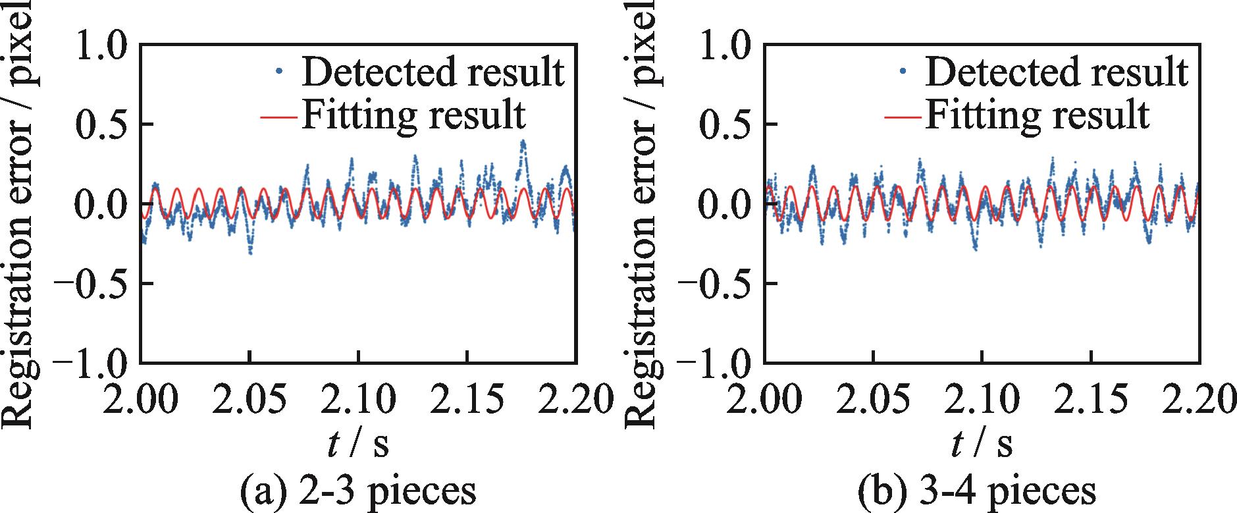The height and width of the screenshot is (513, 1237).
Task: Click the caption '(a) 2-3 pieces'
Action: (358, 491)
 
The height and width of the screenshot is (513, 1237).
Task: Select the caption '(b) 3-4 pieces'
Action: (981, 491)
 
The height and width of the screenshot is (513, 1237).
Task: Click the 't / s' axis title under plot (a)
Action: (357, 445)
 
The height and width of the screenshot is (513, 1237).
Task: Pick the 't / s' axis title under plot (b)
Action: (981, 445)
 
